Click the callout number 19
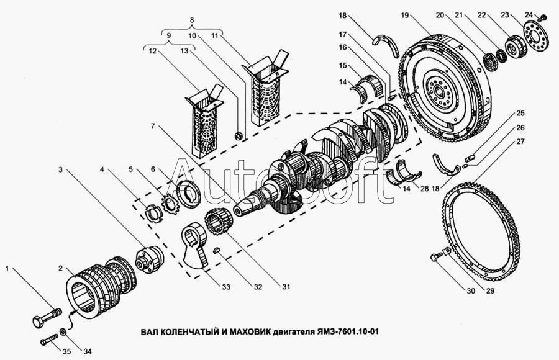404,16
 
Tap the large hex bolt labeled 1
47,317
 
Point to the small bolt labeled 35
50,339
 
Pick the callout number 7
153,126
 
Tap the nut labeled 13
240,135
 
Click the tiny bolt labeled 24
543,17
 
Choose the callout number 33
226,287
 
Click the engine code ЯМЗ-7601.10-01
347,332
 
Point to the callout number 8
192,20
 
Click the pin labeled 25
470,157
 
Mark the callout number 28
424,189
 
